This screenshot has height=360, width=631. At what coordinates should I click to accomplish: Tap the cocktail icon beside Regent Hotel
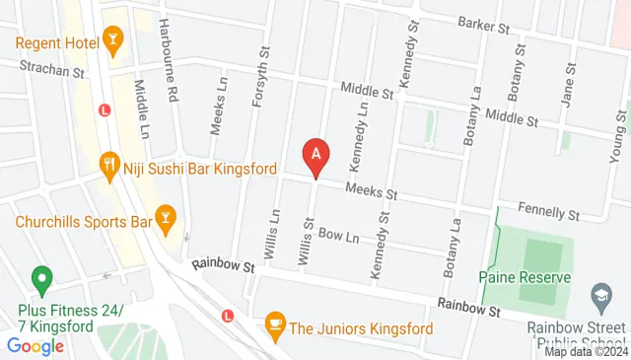coord(113,40)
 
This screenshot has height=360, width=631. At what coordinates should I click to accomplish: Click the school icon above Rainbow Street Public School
coord(600,294)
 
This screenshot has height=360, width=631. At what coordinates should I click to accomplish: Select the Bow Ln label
coord(338,237)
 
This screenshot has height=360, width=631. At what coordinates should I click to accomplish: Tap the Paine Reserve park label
coord(525,277)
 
